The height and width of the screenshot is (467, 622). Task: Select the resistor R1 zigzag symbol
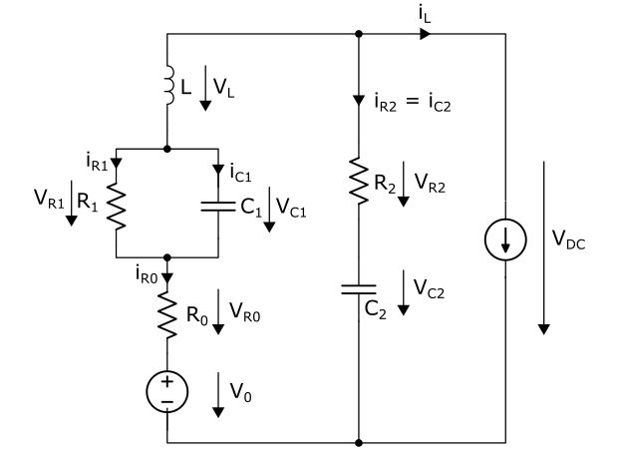117,202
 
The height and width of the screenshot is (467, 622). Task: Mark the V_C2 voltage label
430,290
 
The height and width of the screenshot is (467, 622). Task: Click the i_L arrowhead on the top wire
427,34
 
